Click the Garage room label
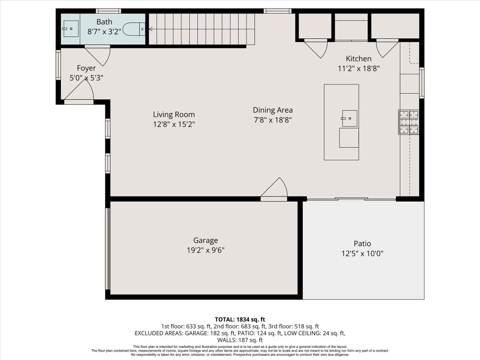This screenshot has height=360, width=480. click(x=206, y=240)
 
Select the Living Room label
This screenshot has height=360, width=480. click(x=174, y=114)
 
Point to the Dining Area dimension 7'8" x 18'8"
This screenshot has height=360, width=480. click(x=273, y=120)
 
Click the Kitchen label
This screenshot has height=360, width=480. click(x=359, y=59)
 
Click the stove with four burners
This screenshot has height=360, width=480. click(x=408, y=122)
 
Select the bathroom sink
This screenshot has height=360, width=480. click(x=71, y=29)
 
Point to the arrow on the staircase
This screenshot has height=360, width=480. click(x=150, y=29)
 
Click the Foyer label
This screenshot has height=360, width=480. click(x=86, y=68)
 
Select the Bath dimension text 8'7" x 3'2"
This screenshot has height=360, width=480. click(x=104, y=31)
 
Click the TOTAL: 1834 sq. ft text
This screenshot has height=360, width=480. click(x=240, y=319)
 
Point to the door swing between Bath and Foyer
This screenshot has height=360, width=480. click(x=98, y=55)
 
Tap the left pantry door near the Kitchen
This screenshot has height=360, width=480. click(x=316, y=47)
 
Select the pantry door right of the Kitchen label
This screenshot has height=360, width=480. click(x=387, y=47)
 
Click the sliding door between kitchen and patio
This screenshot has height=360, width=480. click(x=351, y=199)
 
